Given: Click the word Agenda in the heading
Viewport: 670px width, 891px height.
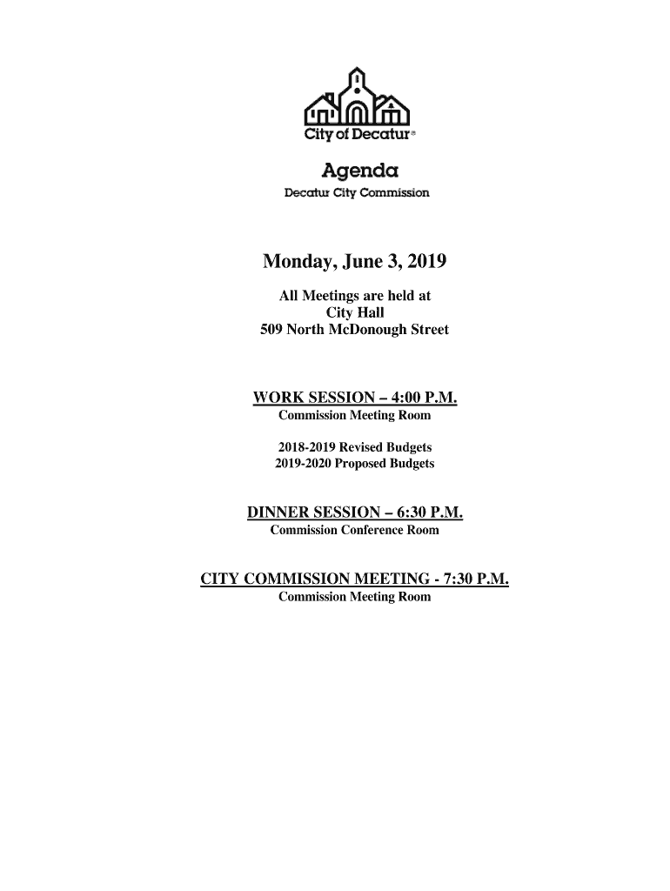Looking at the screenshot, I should coord(355,169).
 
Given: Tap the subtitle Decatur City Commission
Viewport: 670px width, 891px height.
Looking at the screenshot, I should coord(357,192).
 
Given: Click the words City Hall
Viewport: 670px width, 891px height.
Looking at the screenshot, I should coord(355,313).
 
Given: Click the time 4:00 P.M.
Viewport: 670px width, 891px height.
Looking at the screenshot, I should coord(424,399).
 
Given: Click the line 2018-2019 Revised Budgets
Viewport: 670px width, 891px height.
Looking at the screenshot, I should coord(354,447).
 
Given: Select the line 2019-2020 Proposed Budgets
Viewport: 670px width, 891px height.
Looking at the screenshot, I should coord(354,464).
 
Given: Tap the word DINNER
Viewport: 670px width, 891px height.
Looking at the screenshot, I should coord(278,513).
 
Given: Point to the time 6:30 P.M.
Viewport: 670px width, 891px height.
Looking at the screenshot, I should coord(429,513).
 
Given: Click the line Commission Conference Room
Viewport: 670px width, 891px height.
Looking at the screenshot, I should coord(355,530).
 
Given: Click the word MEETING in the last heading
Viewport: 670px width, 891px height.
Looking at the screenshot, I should coord(384,579).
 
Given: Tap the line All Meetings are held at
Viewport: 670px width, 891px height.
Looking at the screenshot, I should coord(355,297).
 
